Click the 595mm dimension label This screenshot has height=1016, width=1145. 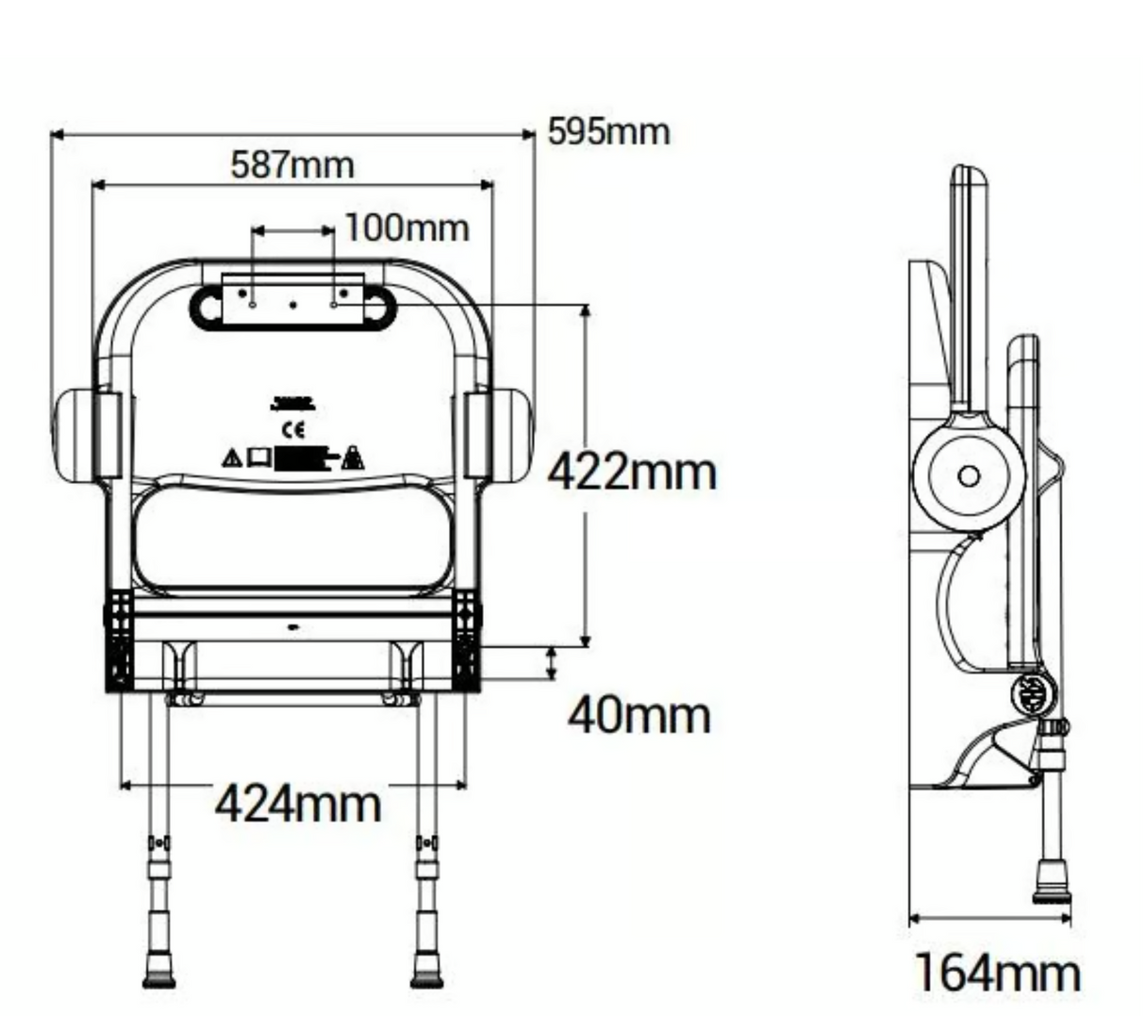608,132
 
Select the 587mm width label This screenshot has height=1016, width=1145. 292,165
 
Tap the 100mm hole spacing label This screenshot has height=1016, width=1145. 406,228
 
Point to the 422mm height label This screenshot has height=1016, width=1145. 632,471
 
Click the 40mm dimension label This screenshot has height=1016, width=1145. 639,716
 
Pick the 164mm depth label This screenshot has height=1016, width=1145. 997,972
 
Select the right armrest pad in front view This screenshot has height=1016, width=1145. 511,435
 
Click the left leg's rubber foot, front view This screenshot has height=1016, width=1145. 158,973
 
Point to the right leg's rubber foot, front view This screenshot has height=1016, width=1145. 427,973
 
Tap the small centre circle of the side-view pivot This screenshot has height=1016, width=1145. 969,475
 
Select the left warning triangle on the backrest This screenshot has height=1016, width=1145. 231,458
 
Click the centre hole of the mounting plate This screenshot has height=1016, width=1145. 293,305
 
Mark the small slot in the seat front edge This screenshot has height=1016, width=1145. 293,626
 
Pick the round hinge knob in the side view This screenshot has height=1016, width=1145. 1034,695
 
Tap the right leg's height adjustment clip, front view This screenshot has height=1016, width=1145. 427,842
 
